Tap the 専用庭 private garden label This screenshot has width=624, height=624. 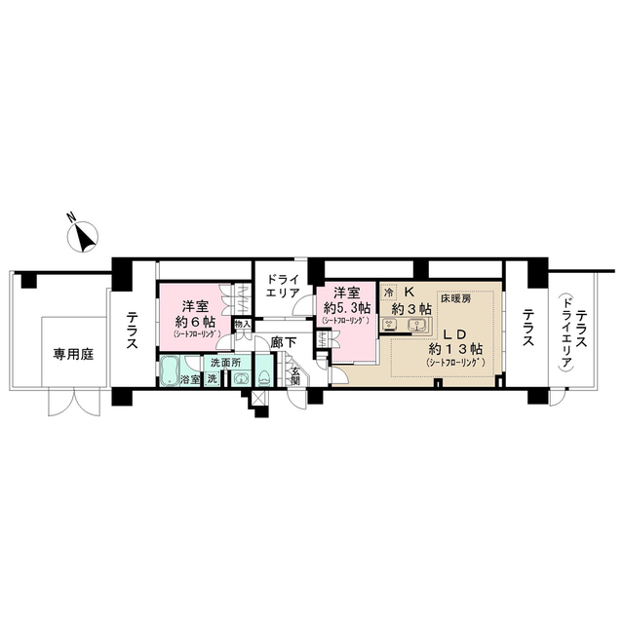coord(73,355)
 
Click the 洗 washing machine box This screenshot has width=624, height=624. coord(212,378)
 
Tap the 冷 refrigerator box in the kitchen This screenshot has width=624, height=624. coord(389,292)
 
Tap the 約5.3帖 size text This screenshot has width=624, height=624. coord(346,307)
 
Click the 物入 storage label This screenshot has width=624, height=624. coord(243,325)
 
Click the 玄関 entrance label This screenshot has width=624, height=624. coord(295,377)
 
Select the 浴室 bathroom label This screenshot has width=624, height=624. coord(188,378)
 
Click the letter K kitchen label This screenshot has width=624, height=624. coord(409,292)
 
